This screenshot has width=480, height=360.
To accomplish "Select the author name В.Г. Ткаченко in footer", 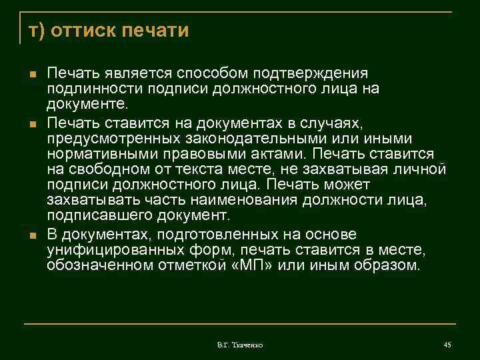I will (x=240, y=345).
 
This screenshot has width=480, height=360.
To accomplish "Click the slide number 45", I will (x=448, y=345).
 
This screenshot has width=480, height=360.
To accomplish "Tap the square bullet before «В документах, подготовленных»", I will (x=33, y=235).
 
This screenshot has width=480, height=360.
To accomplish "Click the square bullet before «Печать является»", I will (x=33, y=73).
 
